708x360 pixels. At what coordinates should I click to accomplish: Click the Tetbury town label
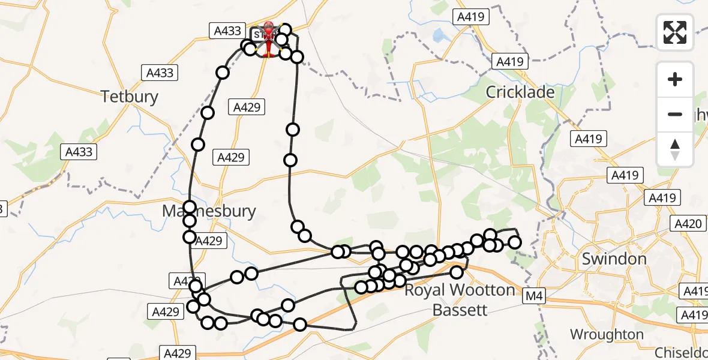(x=130, y=96)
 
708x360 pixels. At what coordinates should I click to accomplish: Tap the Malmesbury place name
(x=210, y=211)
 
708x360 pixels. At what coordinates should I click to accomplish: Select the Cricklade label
(x=520, y=92)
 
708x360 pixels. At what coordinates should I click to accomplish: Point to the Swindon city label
(x=614, y=259)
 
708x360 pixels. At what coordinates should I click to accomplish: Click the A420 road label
(x=688, y=224)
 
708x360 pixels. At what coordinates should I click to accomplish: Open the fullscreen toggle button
(x=675, y=32)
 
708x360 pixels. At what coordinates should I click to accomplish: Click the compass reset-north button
(x=675, y=149)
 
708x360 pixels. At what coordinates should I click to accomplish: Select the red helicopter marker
(x=268, y=40)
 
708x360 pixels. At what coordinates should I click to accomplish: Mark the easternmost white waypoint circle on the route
(x=515, y=242)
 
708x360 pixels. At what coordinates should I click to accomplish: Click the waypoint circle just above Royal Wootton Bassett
(x=457, y=272)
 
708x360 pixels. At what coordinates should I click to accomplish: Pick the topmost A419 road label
(x=472, y=17)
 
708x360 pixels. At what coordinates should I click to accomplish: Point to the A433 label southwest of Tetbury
(x=79, y=152)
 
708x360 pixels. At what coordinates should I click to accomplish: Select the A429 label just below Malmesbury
(x=209, y=241)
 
